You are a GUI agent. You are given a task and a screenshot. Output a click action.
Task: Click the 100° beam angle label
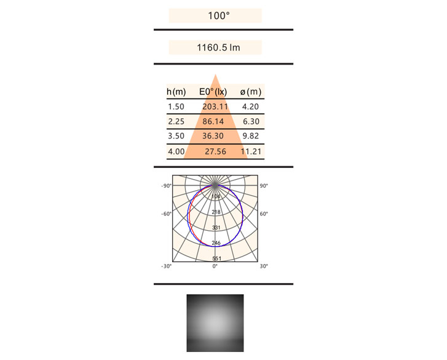pos(219,15)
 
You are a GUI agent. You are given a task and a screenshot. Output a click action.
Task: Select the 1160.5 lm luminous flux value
pos(218,47)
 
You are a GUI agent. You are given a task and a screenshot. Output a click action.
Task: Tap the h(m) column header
pos(176,92)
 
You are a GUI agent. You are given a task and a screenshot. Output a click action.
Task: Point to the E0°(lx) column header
pos(213,92)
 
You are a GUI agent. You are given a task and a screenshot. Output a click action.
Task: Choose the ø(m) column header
pos(251,92)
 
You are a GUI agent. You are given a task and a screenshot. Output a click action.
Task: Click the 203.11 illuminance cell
pos(215,106)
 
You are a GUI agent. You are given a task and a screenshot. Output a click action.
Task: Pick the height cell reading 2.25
pos(176,121)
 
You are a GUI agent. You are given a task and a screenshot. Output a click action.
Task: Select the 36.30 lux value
pos(213,136)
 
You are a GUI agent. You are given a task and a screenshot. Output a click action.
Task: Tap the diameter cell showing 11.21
pos(251,151)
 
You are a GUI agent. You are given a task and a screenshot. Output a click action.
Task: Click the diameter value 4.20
pos(250,106)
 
